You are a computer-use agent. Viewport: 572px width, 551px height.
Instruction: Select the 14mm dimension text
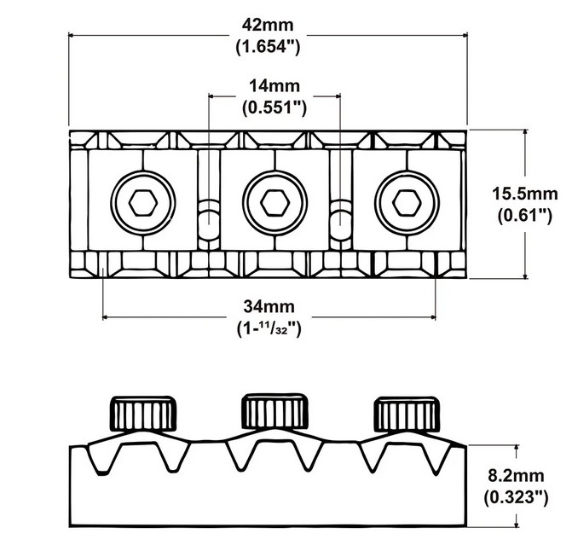(275, 86)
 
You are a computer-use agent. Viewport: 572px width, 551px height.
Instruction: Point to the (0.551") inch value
(275, 108)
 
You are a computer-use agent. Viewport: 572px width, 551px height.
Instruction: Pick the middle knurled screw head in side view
(274, 415)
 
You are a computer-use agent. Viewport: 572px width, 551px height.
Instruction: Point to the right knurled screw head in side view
(406, 415)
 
